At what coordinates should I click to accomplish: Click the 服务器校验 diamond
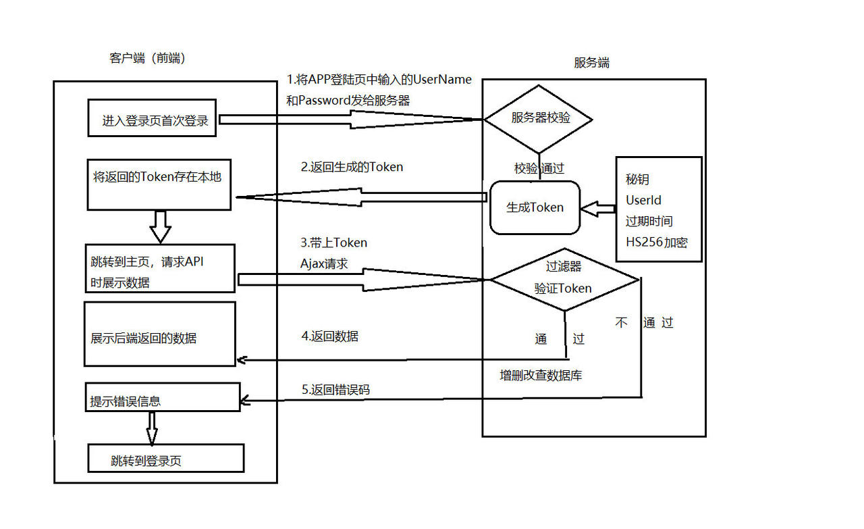pos(538,119)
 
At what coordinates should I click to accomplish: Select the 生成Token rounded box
pos(535,207)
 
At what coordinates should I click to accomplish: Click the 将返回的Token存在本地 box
pos(159,184)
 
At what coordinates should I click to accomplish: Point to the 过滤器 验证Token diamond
pos(564,278)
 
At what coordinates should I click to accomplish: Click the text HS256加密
pos(656,243)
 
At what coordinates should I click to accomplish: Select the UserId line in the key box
pos(643,201)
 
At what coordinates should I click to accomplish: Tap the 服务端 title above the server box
pos(592,63)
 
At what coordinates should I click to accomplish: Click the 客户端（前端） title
pos(147,58)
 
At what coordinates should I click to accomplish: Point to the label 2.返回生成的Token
pos(352,167)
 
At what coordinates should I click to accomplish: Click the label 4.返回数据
pos(329,336)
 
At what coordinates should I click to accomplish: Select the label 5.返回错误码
pos(335,390)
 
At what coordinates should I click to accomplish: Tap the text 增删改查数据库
pos(541,376)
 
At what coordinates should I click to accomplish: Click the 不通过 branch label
pos(645,323)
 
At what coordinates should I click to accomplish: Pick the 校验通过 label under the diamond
pos(539,169)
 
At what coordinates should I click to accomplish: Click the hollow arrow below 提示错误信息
pos(151,427)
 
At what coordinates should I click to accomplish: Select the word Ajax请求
pos(324,264)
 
